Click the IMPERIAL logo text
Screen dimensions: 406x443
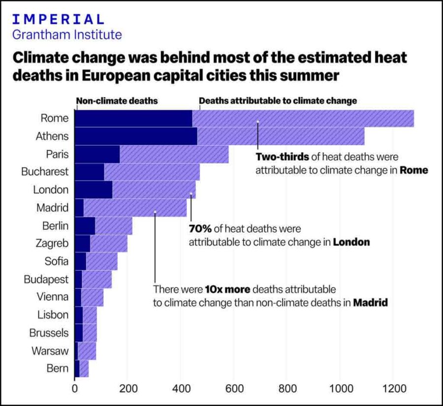[58, 19]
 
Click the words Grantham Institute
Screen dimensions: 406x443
[66, 35]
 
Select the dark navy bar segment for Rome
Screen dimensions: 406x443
[133, 119]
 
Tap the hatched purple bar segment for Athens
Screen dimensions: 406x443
[281, 136]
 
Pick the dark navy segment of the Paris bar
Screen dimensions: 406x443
[96, 154]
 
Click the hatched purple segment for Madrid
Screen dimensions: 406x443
[135, 208]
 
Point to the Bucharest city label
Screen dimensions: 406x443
[44, 172]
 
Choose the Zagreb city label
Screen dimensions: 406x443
[52, 243]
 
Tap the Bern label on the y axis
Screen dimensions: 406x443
[57, 368]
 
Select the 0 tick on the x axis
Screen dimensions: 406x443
[75, 388]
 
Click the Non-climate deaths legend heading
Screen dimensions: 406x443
[117, 101]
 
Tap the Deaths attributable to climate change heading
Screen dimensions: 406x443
[278, 101]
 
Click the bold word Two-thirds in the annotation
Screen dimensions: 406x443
[282, 157]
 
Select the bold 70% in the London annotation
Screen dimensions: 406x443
[200, 229]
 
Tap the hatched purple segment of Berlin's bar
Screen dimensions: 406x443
[114, 225]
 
